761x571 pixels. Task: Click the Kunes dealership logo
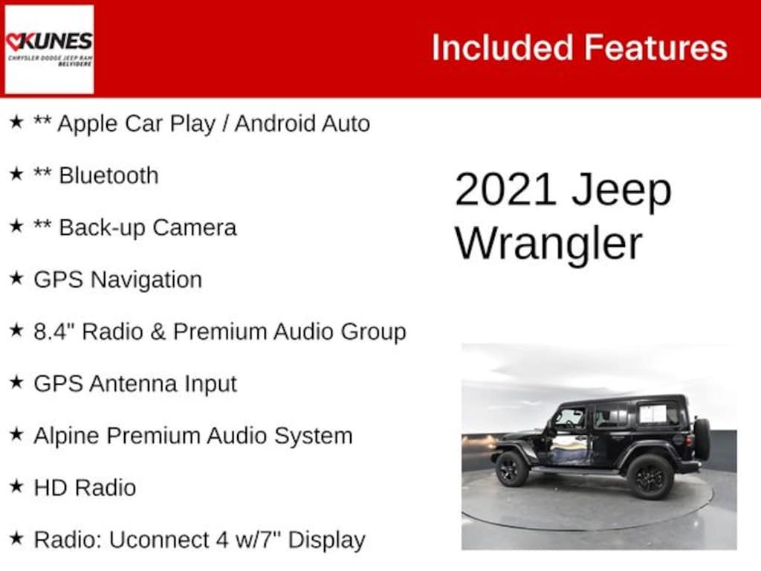(49, 49)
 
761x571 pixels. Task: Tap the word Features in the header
(655, 48)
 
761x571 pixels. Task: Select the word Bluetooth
(109, 175)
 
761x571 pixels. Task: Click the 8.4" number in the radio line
(54, 332)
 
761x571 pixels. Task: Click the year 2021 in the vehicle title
(505, 190)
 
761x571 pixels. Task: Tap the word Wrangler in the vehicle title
(548, 243)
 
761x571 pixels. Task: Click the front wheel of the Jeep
(512, 469)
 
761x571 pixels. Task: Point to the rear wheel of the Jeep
(649, 477)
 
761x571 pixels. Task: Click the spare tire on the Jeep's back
(702, 438)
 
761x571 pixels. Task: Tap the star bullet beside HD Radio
(16, 487)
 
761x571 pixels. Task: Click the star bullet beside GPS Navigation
(16, 279)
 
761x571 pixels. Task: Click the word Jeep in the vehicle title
(621, 190)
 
